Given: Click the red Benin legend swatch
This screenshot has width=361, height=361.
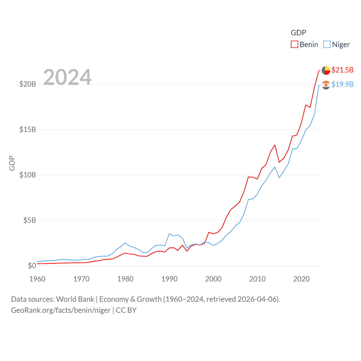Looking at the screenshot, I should pyautogui.click(x=294, y=45).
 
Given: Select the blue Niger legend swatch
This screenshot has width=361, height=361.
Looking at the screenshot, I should pyautogui.click(x=327, y=45).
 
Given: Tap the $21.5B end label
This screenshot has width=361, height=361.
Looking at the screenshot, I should pyautogui.click(x=342, y=70).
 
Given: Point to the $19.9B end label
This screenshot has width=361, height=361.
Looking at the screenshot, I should pyautogui.click(x=342, y=84).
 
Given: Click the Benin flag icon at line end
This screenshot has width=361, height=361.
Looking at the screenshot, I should pyautogui.click(x=326, y=71).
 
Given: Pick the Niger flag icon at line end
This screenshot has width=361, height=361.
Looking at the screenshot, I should pyautogui.click(x=326, y=85).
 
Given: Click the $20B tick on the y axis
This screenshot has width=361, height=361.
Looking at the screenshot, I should pyautogui.click(x=28, y=84).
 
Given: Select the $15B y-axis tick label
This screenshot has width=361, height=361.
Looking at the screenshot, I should pyautogui.click(x=28, y=129).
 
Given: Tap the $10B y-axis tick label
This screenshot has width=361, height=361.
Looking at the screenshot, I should pyautogui.click(x=28, y=175).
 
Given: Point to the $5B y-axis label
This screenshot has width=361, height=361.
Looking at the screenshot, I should pyautogui.click(x=30, y=220).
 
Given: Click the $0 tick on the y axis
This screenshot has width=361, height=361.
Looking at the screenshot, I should pyautogui.click(x=32, y=266).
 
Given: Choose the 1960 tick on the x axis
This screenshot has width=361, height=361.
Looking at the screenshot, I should pyautogui.click(x=38, y=279).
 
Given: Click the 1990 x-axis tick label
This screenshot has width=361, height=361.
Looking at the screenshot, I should pyautogui.click(x=170, y=279).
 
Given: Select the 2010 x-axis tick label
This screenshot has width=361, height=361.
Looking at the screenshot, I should pyautogui.click(x=257, y=279).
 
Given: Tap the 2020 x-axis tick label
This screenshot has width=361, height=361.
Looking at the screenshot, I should pyautogui.click(x=301, y=279).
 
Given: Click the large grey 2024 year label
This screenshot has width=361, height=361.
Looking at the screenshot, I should pyautogui.click(x=67, y=77).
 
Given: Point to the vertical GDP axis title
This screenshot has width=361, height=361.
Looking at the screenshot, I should pyautogui.click(x=12, y=163).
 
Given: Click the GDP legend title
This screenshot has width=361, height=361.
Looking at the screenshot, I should pyautogui.click(x=298, y=33).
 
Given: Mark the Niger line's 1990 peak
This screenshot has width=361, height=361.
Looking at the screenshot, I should pyautogui.click(x=169, y=234).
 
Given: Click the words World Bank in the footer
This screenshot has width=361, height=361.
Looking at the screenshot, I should pyautogui.click(x=75, y=299).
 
